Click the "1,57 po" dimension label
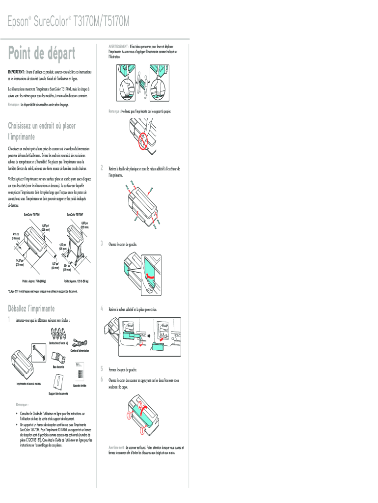(x=55, y=263)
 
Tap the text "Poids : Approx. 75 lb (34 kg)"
(x=34, y=281)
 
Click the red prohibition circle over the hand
(x=143, y=140)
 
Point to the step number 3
(x=102, y=243)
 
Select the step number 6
(x=102, y=380)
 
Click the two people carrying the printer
(x=141, y=82)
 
